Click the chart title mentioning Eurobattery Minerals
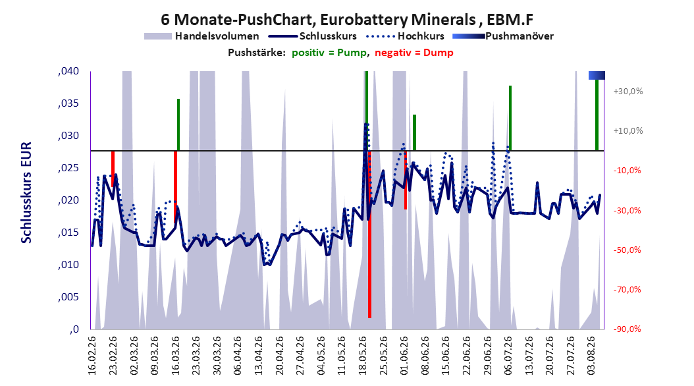click(346, 20)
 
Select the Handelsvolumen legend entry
click(201, 36)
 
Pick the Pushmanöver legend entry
click(503, 36)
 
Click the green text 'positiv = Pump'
click(329, 53)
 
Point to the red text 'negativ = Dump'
click(414, 53)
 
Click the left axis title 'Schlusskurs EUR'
click(26, 192)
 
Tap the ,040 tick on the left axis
click(68, 71)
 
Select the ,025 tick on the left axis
click(68, 168)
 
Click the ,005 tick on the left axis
click(68, 297)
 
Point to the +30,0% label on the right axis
click(628, 92)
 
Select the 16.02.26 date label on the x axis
click(92, 356)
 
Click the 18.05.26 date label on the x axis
click(363, 356)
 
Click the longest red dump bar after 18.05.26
click(369, 234)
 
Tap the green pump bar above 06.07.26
click(510, 118)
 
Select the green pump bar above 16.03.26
click(178, 125)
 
